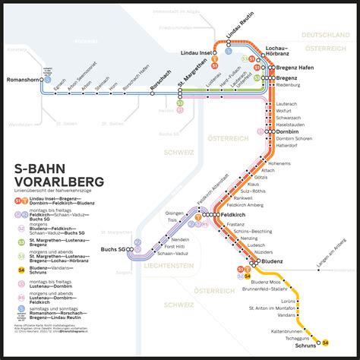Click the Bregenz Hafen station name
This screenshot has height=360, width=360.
click(x=296, y=68)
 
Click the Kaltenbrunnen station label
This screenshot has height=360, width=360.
click(x=283, y=331)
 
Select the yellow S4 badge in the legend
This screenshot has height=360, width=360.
click(x=17, y=291)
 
